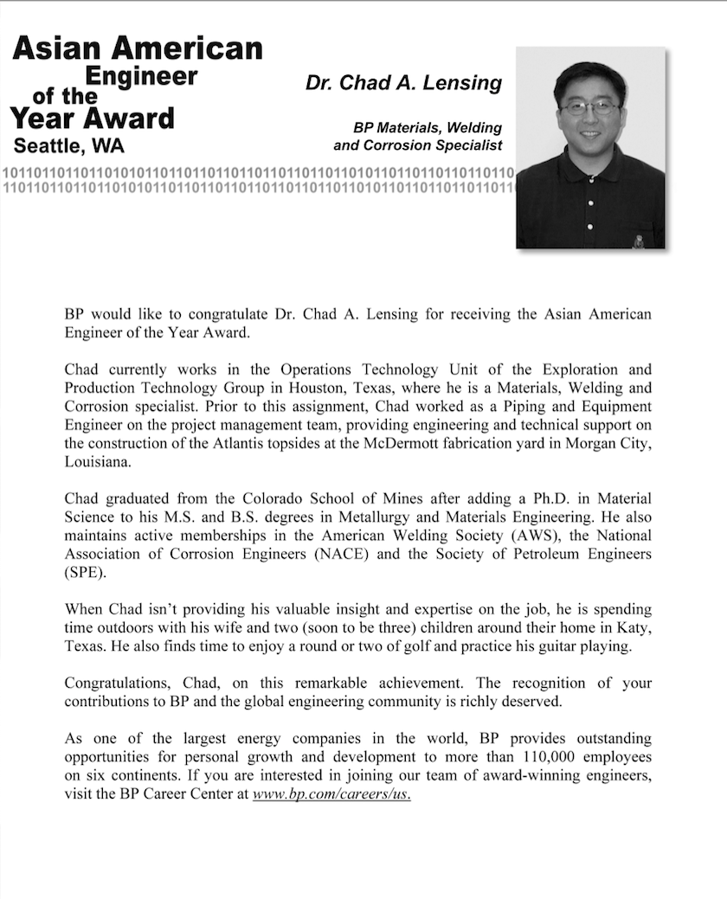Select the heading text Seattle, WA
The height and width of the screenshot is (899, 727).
pos(69,144)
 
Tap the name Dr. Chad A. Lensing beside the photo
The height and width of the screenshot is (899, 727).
pos(403,83)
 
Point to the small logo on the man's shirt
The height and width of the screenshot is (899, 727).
pos(639,241)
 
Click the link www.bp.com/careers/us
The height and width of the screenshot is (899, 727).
pos(331,793)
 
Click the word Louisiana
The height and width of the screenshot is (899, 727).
pos(98,462)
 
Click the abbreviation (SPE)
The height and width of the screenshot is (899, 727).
pos(82,571)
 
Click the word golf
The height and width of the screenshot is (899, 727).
pos(420,646)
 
